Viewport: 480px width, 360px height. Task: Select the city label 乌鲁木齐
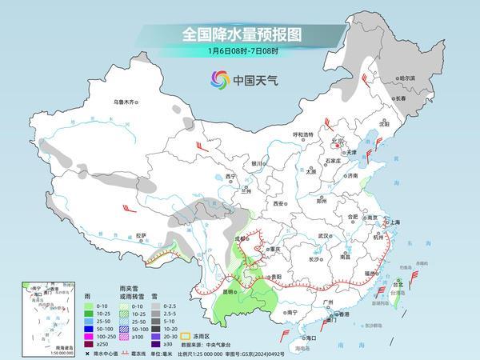(126, 102)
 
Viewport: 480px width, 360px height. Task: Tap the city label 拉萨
(142, 235)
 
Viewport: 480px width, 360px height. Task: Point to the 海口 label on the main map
(311, 338)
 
